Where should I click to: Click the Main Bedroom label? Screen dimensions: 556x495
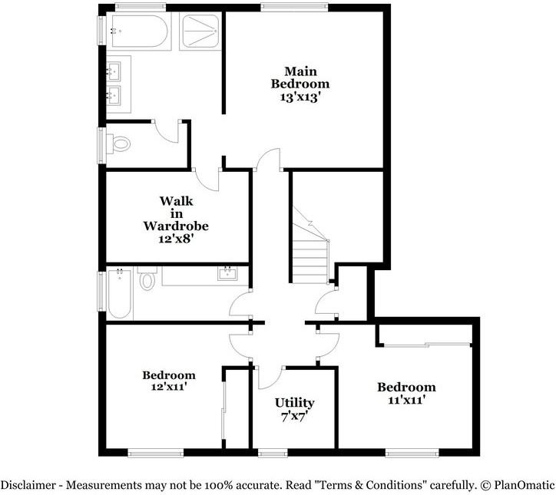point(300,78)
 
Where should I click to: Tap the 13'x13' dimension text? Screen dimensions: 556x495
point(300,97)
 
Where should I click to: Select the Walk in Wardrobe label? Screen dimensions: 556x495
point(176,213)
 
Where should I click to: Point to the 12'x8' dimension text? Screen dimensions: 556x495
point(176,239)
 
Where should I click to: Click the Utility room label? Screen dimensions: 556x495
point(294,403)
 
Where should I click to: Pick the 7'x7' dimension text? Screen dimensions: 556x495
point(294,417)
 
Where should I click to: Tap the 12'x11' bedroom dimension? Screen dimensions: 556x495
point(169,387)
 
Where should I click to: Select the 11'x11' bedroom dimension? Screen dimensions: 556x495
point(406,400)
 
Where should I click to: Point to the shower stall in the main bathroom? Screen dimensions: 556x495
point(200,31)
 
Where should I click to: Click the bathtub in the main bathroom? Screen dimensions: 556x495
point(139,31)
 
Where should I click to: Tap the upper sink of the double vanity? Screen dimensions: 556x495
point(114,71)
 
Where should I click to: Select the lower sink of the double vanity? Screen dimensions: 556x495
point(114,95)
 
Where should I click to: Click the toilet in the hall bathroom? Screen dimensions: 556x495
point(147,278)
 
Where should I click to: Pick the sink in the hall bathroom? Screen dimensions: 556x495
point(227,273)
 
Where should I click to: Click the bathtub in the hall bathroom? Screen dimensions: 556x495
point(120,294)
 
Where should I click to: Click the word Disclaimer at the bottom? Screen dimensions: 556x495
point(28,484)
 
